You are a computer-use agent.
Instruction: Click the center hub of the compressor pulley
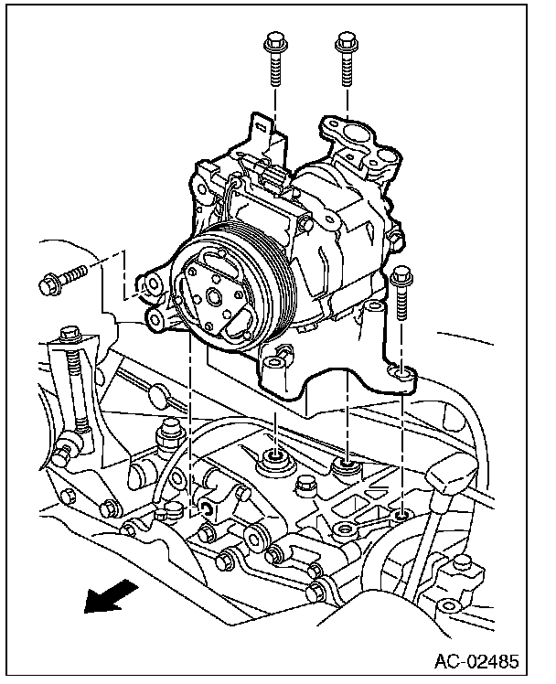tap(211, 295)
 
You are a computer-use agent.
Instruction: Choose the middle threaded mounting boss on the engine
tap(347, 467)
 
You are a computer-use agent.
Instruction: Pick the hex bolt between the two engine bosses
tap(171, 432)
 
